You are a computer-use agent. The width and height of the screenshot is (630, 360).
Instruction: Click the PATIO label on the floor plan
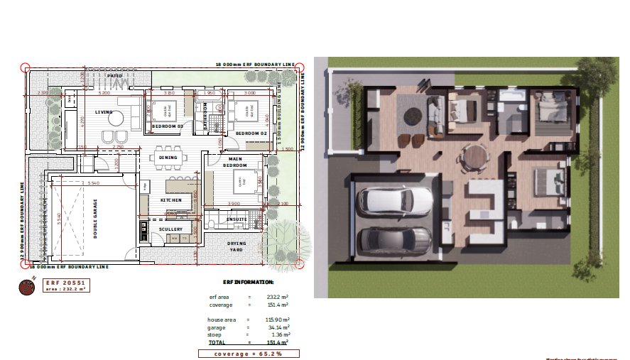[115, 75]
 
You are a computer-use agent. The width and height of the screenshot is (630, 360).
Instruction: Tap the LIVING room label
[104, 112]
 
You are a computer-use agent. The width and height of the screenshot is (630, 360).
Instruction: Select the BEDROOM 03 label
[168, 126]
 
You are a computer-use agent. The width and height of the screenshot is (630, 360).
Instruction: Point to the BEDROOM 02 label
[251, 133]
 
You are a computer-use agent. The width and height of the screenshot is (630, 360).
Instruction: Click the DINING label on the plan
[168, 158]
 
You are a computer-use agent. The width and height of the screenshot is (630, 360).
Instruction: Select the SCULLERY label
[170, 229]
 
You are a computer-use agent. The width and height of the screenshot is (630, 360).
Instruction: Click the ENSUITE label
[236, 219]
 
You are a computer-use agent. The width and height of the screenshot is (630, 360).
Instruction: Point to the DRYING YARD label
[237, 246]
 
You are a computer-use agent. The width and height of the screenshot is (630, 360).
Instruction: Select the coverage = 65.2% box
[249, 353]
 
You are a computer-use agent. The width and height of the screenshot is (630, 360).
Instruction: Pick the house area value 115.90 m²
[273, 320]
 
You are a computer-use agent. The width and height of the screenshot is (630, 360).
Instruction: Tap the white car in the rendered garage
[392, 201]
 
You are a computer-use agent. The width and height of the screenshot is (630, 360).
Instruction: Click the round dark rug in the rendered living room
[414, 115]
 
